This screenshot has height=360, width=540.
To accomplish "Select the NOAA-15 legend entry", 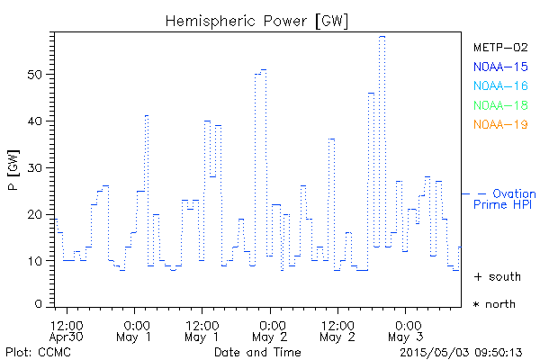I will click(500, 67).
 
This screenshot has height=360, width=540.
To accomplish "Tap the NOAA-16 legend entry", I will click(500, 86).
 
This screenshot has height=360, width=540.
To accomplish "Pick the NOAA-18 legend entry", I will click(500, 105).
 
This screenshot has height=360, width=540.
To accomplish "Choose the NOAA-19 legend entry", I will click(500, 124).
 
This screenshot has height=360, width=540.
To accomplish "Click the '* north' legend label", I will click(494, 304).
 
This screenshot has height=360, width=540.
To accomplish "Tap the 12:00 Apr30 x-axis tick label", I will click(67, 330).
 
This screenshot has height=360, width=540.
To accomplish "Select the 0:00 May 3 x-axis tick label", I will click(406, 330).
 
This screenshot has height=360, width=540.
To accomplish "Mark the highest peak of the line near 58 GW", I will click(382, 37).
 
